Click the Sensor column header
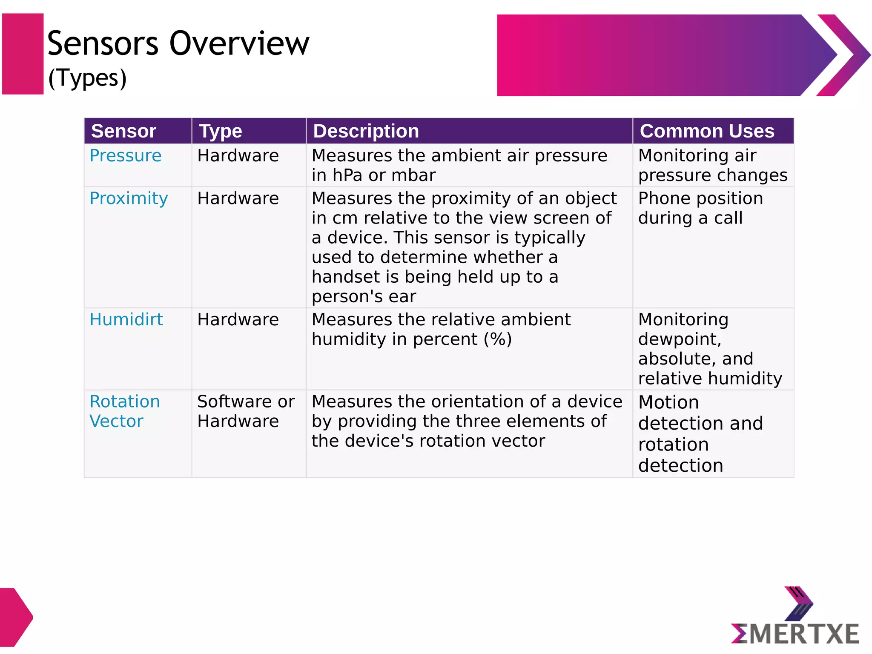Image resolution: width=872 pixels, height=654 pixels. [x=123, y=131]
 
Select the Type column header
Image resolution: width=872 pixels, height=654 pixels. [x=221, y=131]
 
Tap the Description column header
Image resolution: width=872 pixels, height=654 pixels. [x=366, y=131]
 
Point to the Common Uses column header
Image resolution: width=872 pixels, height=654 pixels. [x=707, y=131]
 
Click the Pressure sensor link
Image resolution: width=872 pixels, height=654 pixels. [x=126, y=156]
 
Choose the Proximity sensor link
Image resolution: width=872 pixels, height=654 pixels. [x=129, y=198]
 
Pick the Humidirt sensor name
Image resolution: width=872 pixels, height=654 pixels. [x=126, y=320]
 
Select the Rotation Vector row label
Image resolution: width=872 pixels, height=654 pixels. [x=124, y=411]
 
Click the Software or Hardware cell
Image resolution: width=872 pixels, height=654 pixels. [x=246, y=411]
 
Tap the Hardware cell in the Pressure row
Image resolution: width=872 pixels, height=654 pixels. [x=238, y=156]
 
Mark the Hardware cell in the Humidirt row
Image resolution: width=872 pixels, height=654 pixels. [x=238, y=320]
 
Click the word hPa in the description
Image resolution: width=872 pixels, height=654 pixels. [x=347, y=175]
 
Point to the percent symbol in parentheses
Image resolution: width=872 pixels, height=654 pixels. [x=498, y=339]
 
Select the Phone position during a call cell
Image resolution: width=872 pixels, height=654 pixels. [x=700, y=208]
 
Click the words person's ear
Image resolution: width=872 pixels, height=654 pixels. [x=364, y=297]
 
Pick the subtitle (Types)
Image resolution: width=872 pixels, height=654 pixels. [x=87, y=78]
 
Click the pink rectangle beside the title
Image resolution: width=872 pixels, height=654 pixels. [x=23, y=54]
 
